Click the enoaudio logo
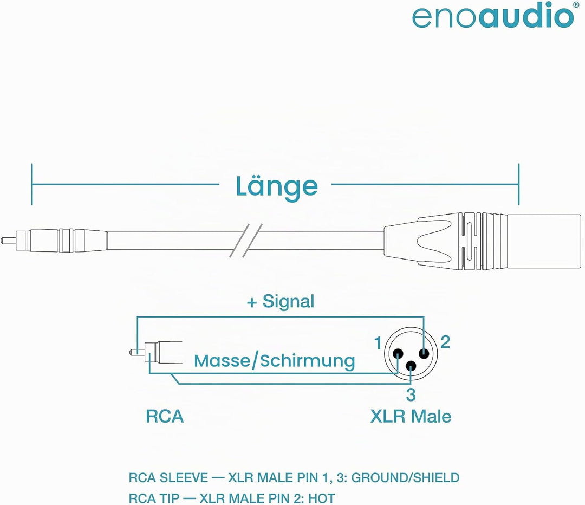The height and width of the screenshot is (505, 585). [x=493, y=15]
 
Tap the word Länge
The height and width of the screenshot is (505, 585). [x=277, y=186]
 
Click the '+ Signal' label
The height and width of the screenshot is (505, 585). [x=281, y=301]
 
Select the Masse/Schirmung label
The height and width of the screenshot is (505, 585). [x=275, y=360]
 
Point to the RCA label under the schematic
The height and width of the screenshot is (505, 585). [x=165, y=416]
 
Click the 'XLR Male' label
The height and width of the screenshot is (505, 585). [x=411, y=416]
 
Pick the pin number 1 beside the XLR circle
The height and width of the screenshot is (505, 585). [x=378, y=343]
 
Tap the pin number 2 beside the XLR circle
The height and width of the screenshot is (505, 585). [x=445, y=342]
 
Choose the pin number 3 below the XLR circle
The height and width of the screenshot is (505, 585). [x=411, y=394]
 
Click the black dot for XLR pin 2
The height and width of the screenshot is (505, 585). [x=423, y=353]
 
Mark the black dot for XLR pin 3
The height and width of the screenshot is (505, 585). [x=411, y=366]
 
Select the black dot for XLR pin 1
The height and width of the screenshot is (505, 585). [x=398, y=353]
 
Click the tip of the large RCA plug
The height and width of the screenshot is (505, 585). [x=2, y=241]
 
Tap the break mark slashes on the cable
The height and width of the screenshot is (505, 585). [x=246, y=241]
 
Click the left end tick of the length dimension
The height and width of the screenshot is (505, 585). [x=32, y=184]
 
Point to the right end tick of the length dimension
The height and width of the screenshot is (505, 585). [x=518, y=184]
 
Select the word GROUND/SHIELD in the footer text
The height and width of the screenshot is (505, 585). [x=406, y=478]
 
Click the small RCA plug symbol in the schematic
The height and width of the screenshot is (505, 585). [x=155, y=352]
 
